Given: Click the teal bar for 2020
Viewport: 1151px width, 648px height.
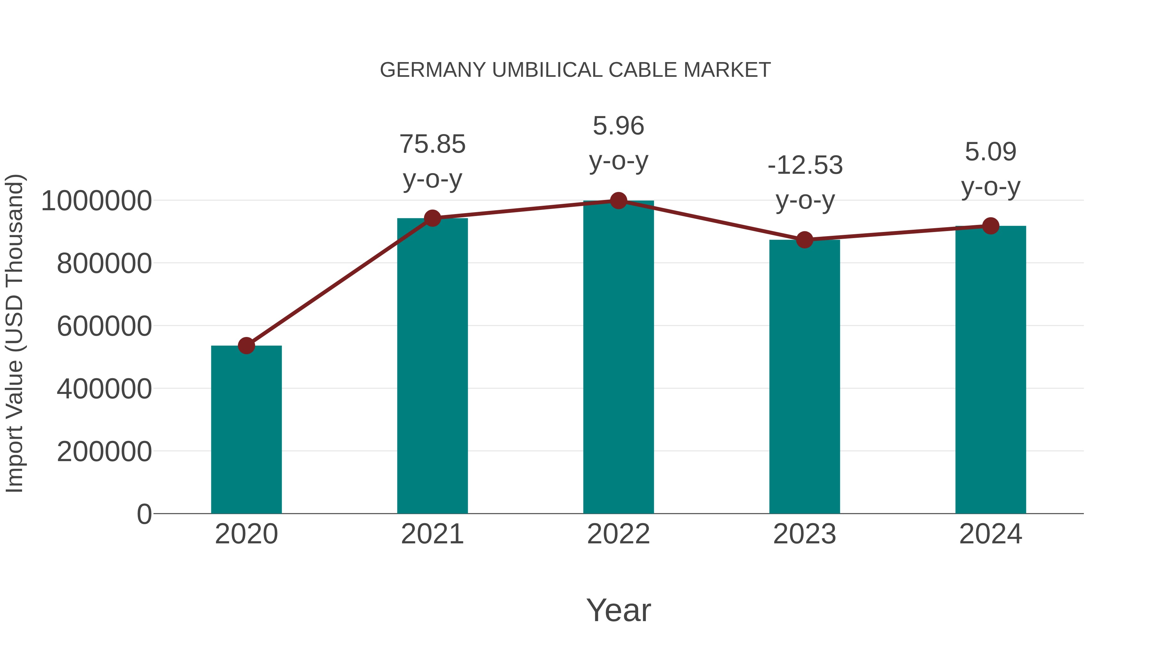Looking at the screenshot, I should [246, 429].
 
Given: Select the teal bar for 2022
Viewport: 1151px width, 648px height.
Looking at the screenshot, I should [618, 358].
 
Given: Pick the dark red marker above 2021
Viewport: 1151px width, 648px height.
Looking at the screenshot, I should [433, 218].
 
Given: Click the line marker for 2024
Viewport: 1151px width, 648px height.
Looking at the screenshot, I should [990, 226].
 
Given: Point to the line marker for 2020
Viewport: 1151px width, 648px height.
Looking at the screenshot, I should [246, 345].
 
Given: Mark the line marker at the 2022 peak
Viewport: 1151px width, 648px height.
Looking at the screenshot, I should [618, 201].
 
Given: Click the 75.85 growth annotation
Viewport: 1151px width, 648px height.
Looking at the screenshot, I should [433, 144].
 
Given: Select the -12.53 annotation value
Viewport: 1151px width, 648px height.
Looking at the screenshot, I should [805, 165].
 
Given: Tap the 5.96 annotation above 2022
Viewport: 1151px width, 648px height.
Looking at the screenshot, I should [618, 126].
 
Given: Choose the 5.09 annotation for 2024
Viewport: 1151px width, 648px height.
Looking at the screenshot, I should [990, 152].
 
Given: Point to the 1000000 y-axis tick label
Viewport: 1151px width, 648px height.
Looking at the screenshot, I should [96, 201].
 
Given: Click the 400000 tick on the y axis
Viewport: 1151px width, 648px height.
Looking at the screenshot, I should [104, 388].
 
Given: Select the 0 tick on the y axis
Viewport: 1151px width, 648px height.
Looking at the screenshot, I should [144, 514].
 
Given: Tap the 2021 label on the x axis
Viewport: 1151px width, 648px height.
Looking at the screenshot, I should [433, 534].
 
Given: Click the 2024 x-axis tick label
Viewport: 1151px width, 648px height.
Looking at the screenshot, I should [990, 534].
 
